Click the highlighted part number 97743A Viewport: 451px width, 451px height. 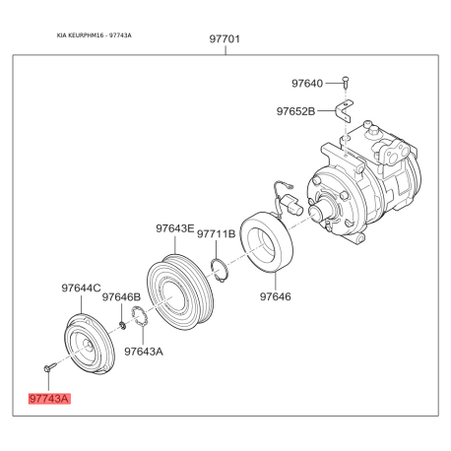point(49,399)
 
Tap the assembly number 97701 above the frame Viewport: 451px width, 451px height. point(225,39)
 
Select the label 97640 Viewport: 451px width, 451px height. point(307,84)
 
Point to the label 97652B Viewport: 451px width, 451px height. point(295,111)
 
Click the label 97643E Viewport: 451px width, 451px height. point(175,228)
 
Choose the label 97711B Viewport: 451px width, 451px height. point(217,233)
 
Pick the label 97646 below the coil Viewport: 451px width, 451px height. point(276,296)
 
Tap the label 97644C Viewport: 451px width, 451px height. point(81,288)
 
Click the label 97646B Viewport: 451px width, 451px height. point(121,297)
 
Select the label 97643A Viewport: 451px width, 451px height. point(144,352)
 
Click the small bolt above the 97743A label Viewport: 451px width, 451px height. point(49,367)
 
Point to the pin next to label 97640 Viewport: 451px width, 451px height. point(346,83)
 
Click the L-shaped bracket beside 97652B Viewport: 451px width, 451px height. point(344,111)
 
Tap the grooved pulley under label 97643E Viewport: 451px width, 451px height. point(180,292)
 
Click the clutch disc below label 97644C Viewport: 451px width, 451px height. point(89,345)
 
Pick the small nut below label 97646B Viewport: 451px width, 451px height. point(122,326)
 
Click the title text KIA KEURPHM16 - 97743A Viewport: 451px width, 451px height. point(95,35)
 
